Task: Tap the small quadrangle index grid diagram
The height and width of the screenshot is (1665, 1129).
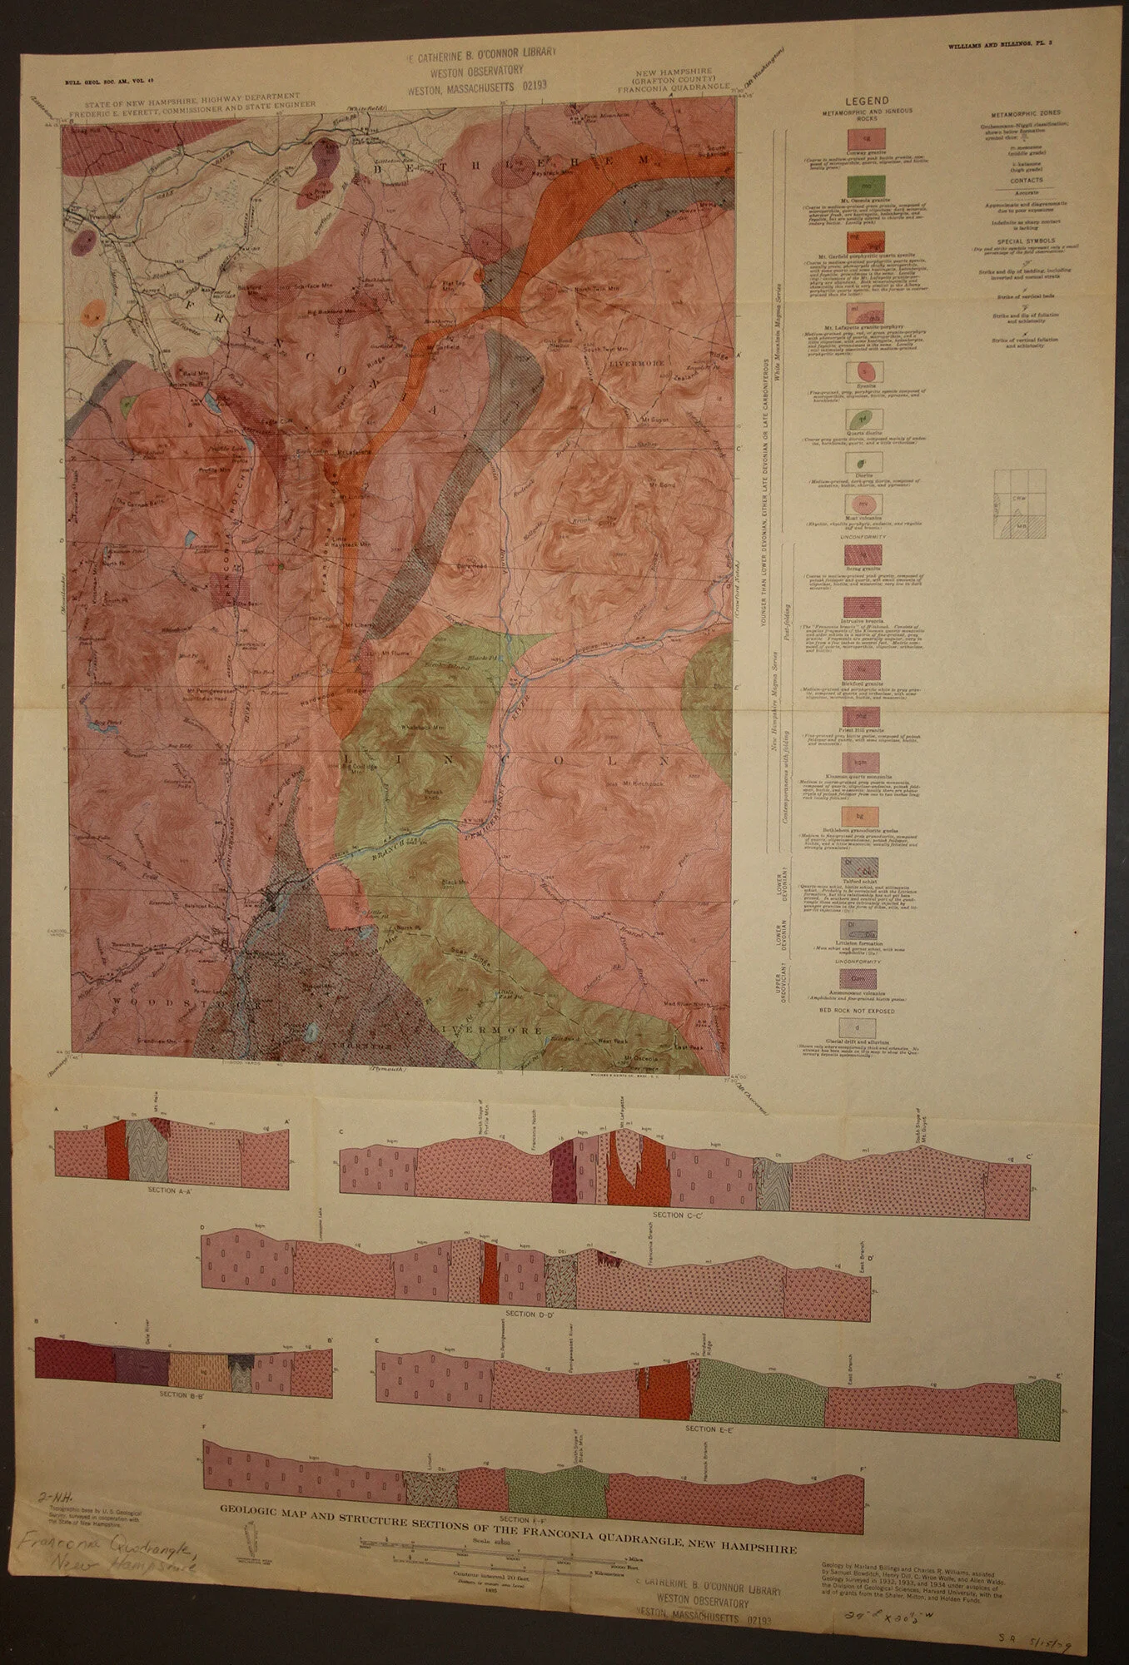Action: [x=1019, y=501]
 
